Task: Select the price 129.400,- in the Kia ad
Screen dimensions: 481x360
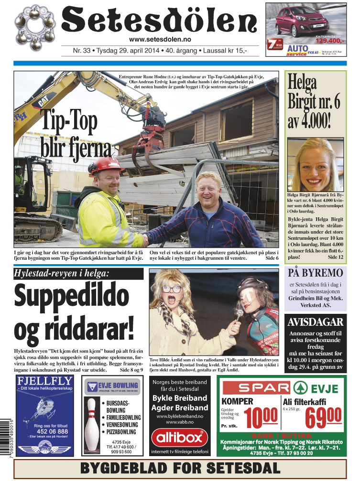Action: point(330,41)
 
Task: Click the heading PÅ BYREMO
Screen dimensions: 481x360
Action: point(316,273)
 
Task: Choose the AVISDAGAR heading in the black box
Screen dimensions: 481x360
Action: point(316,322)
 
